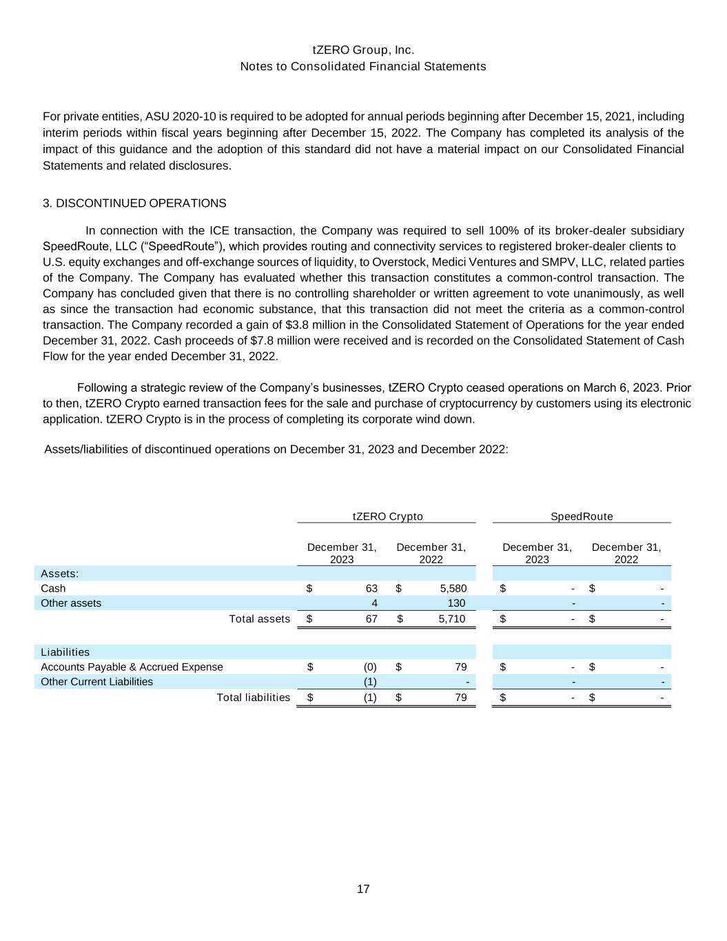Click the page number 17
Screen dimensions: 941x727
tap(363, 889)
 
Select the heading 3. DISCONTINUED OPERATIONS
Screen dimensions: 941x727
tap(134, 203)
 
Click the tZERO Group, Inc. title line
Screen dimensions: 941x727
tap(363, 50)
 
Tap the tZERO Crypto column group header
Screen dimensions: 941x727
tap(387, 516)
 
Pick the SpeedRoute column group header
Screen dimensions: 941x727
tap(582, 516)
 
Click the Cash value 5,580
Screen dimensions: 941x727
tap(453, 589)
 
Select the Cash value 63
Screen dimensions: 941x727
tap(371, 589)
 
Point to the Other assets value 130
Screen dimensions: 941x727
tap(456, 603)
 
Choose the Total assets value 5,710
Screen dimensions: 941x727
tap(452, 619)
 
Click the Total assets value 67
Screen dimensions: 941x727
tap(371, 619)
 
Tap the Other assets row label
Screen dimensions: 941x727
tap(71, 603)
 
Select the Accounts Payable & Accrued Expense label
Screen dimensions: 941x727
tap(132, 667)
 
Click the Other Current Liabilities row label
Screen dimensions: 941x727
tap(96, 682)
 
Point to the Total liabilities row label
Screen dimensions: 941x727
tap(253, 698)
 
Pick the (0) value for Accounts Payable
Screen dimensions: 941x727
tap(370, 667)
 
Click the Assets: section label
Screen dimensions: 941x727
tap(59, 574)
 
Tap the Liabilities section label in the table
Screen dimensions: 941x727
tap(65, 652)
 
